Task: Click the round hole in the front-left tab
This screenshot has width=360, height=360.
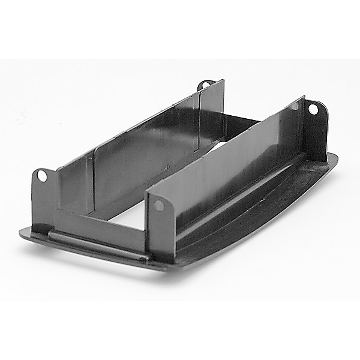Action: (x=41, y=175)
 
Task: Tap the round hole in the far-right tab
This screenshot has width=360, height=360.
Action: (x=313, y=109)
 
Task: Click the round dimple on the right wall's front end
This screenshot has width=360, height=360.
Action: (x=158, y=205)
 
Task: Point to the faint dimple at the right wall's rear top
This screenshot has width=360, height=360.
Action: (x=295, y=106)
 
